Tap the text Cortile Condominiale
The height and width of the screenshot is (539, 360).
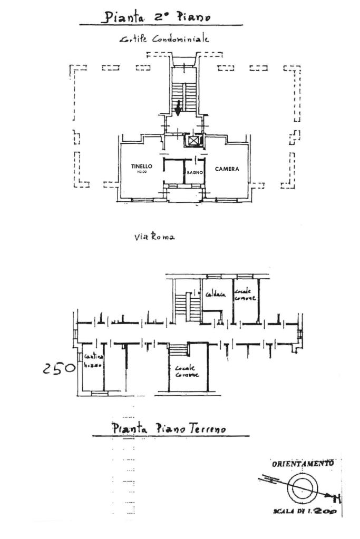(x=164, y=39)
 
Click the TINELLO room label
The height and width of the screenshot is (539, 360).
(x=142, y=166)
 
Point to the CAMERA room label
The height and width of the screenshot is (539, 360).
(x=227, y=169)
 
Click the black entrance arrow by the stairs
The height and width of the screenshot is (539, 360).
(x=179, y=107)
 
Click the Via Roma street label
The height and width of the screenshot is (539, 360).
(x=154, y=237)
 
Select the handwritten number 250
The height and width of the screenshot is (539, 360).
(x=59, y=367)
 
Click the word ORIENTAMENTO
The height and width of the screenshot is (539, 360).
(x=302, y=464)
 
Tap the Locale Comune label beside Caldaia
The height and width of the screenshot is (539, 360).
(x=246, y=295)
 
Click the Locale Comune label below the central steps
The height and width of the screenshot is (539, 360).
(x=187, y=371)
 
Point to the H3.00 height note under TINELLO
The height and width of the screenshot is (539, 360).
(x=142, y=172)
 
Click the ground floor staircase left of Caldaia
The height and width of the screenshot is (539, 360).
(x=185, y=307)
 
